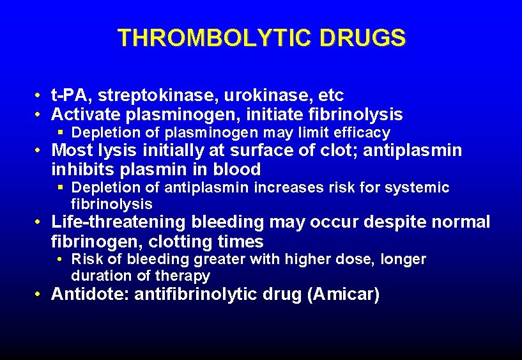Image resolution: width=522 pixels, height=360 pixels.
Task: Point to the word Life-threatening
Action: pos(118,223)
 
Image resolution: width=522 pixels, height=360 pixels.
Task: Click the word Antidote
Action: pos(88,295)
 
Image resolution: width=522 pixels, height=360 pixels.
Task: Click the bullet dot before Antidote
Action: pos(40,295)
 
